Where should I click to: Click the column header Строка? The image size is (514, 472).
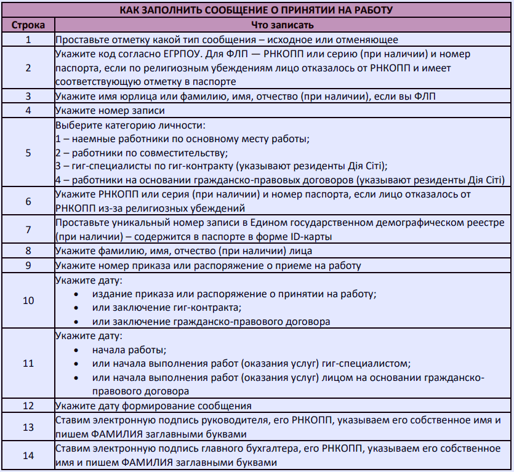28,25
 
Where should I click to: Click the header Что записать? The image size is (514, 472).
283,25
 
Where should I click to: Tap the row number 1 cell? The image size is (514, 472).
28,39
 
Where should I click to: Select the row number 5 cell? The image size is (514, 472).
28,152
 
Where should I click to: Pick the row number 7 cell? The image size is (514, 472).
28,228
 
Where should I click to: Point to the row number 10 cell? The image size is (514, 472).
28,300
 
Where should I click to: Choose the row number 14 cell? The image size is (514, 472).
28,455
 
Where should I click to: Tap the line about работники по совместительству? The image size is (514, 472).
142,153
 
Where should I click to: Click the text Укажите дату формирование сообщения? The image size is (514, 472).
153,406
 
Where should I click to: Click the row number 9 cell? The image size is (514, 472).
28,266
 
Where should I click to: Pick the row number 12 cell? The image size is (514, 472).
28,406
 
